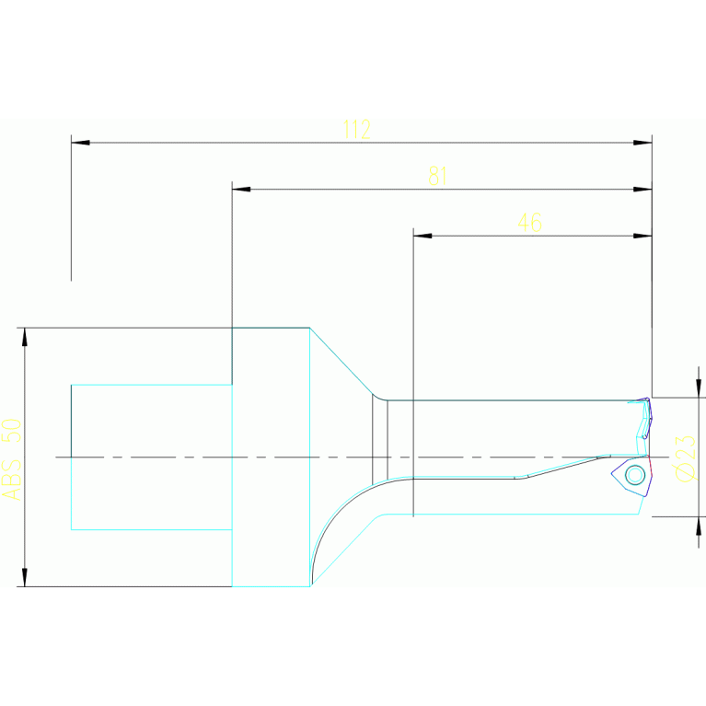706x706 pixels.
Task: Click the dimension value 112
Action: coord(356,130)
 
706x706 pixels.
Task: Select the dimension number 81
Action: coord(437,177)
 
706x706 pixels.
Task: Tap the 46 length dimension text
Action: coord(529,223)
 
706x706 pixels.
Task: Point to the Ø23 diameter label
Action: coord(685,457)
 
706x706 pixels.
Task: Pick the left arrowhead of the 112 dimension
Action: coord(80,143)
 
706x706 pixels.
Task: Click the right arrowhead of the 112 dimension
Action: coord(642,143)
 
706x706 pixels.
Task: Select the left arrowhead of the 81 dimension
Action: coord(241,190)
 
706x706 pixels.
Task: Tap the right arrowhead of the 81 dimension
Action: coord(642,190)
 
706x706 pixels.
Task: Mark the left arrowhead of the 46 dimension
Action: coord(422,236)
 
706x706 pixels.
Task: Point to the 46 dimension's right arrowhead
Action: coord(642,236)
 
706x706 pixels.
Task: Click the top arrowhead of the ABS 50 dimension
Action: coord(25,337)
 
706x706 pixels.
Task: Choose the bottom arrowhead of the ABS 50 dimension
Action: coord(25,576)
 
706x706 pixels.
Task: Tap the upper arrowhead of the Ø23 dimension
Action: coord(699,388)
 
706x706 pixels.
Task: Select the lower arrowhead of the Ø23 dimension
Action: coord(699,526)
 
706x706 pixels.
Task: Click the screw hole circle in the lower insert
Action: coord(634,475)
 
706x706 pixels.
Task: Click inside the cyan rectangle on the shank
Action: coord(151,457)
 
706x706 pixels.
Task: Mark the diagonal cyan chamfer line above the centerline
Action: coord(341,361)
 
